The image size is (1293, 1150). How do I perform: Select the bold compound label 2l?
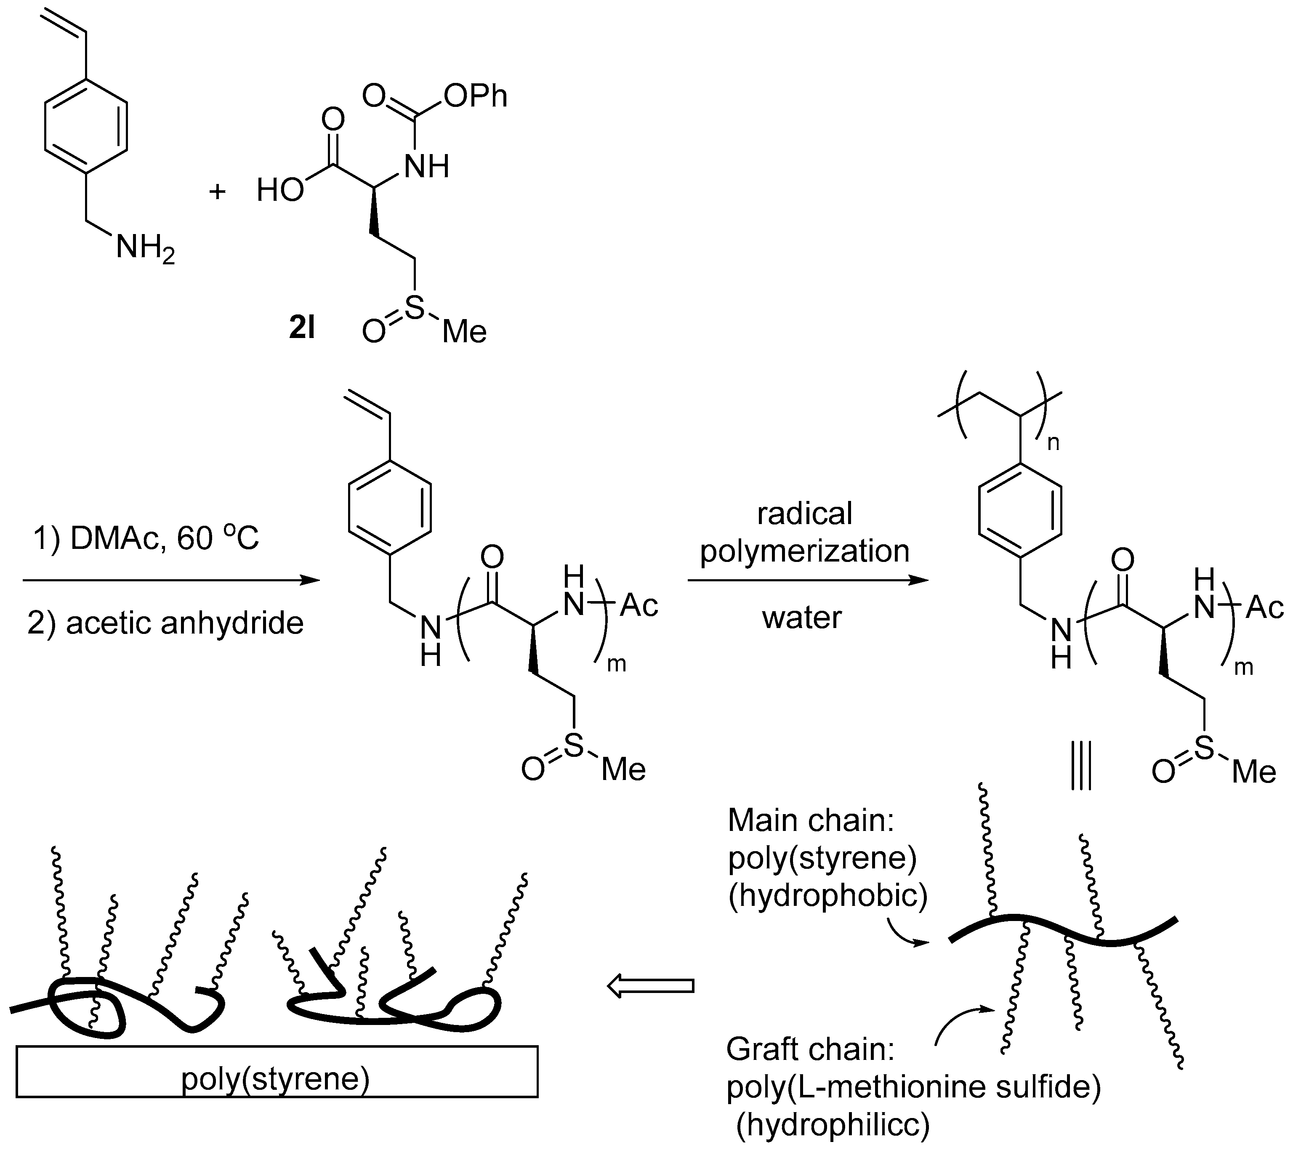pos(302,328)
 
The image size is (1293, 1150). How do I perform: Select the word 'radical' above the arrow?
pos(805,513)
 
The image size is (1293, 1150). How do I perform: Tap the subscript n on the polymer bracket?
pos(1053,443)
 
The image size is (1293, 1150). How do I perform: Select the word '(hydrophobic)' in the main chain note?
pos(827,896)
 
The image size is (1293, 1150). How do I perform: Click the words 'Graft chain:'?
pos(810,1049)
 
